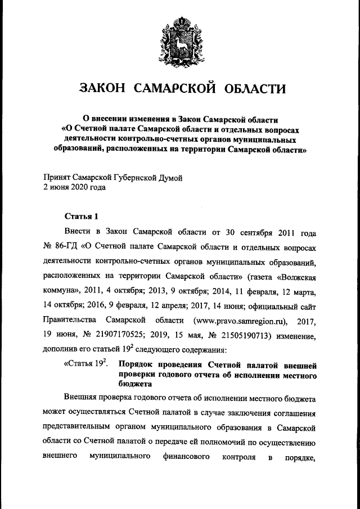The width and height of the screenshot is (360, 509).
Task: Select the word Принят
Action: coord(56,178)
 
